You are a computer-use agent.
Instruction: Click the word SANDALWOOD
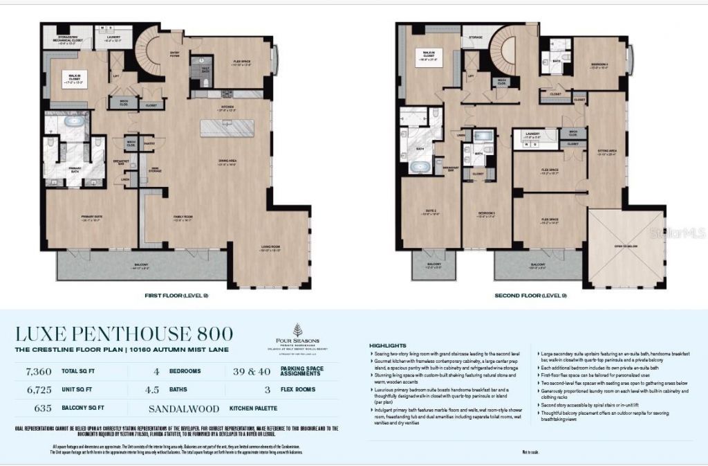coord(187,409)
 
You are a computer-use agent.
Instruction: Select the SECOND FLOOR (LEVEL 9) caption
coord(523,295)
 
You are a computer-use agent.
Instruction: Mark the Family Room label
coord(183,219)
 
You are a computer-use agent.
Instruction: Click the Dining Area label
coord(227,163)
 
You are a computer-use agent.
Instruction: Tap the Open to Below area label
coord(626,244)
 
